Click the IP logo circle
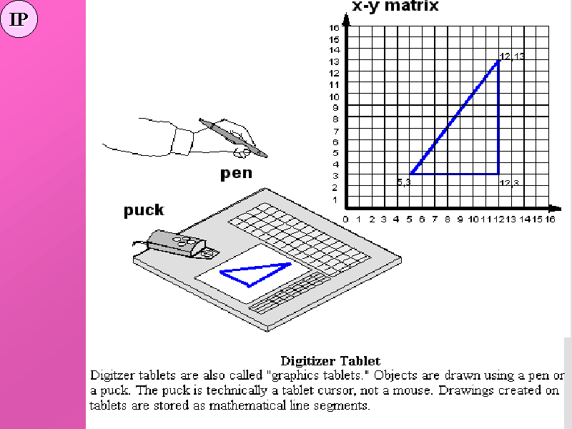[x=19, y=19]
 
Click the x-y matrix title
[x=395, y=6]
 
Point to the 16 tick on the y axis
[x=334, y=27]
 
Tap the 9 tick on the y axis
[x=335, y=108]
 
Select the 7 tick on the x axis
[x=435, y=220]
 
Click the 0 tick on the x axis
[x=346, y=220]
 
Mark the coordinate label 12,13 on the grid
[x=512, y=56]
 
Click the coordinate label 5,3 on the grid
[x=404, y=182]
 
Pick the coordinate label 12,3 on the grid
[x=509, y=183]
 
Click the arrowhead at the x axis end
[x=556, y=209]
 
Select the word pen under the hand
[x=237, y=173]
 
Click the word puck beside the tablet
[x=144, y=210]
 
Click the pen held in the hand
[x=233, y=138]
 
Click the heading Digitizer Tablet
[x=330, y=361]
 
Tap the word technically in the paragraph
[x=237, y=390]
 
